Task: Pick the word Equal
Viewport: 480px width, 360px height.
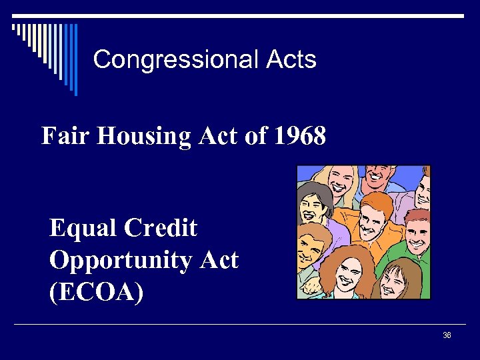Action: [83, 229]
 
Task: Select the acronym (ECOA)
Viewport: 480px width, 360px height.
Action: [96, 291]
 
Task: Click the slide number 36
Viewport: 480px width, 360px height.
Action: [447, 335]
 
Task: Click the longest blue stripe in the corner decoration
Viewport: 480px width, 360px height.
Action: [75, 59]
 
